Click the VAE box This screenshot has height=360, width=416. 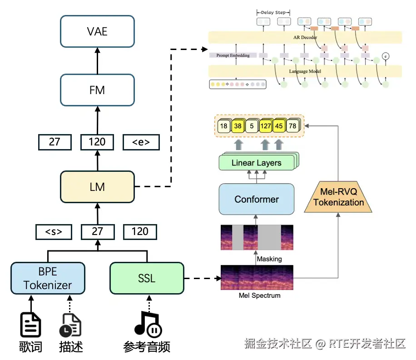coord(97,32)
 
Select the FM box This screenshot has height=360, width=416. coord(97,90)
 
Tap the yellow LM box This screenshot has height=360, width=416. coord(97,186)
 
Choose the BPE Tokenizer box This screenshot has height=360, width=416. coord(48,278)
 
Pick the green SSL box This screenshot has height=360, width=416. coord(147,278)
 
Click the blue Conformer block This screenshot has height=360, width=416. coord(257,199)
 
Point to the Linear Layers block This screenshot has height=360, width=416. coord(256,163)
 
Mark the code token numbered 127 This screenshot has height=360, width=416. coord(266,126)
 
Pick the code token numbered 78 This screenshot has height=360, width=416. coord(292,126)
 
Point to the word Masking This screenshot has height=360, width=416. coord(269,259)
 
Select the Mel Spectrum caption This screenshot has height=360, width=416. coord(259,295)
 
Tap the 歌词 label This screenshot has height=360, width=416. coord(30,347)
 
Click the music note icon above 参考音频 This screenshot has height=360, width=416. coord(148,324)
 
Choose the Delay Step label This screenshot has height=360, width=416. coord(273,12)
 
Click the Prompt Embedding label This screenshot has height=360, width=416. coord(233,55)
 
